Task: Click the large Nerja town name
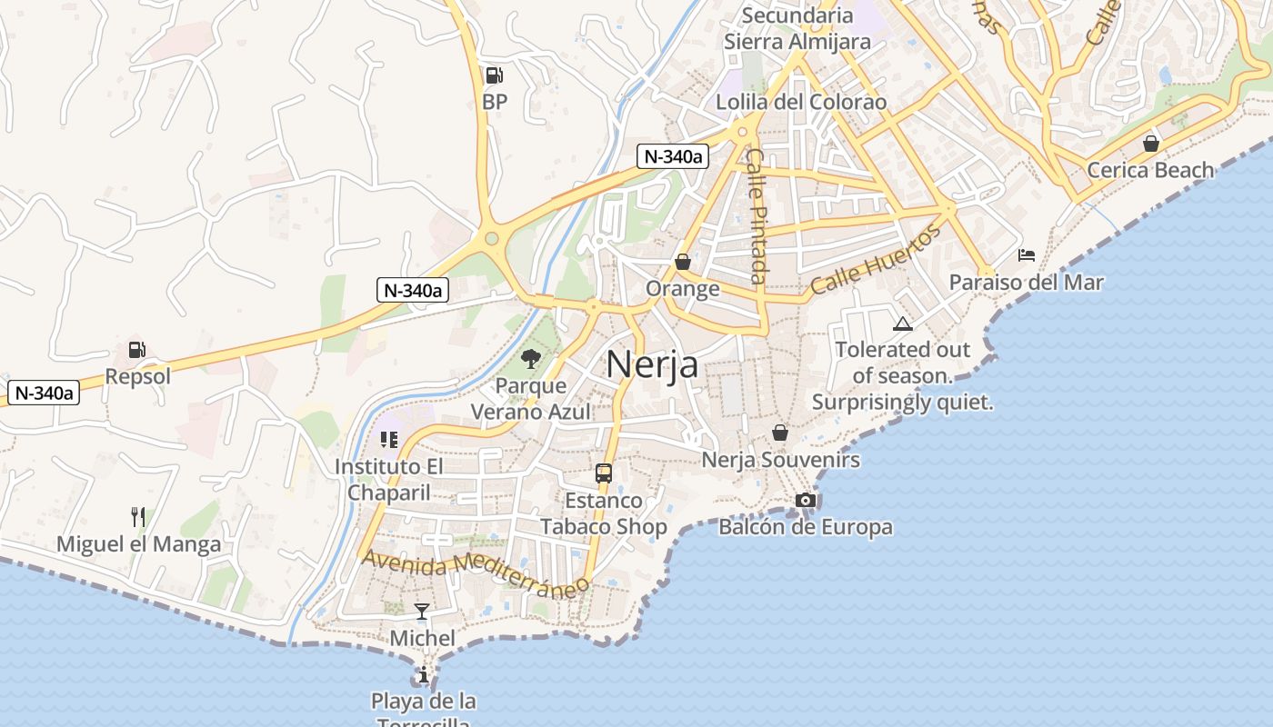coord(652,364)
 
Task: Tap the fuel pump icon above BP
coord(494,75)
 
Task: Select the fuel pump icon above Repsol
coord(137,350)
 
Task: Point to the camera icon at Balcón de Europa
coord(805,500)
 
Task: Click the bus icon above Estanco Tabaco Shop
coord(603,473)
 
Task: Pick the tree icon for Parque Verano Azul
coord(531,359)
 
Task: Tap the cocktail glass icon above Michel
coord(422,611)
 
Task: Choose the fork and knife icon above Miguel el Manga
coord(138,517)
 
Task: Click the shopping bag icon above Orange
coord(683,262)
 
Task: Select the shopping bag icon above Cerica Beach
coord(1151,144)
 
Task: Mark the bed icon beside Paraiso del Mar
coord(1027,255)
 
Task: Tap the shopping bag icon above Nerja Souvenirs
coord(780,433)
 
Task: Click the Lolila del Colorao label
coord(801,102)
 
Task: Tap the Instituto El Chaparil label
coord(389,480)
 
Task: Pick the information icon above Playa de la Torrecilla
coord(423,674)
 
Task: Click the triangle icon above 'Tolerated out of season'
coord(902,324)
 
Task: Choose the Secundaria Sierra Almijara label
coord(797,28)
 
